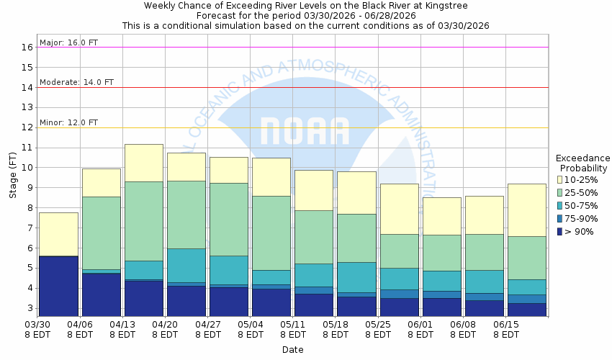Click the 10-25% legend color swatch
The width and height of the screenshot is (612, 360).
tap(561, 179)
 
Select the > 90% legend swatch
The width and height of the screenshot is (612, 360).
tap(561, 231)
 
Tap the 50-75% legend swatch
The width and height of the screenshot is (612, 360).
tap(561, 205)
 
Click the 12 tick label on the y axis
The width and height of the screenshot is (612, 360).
tap(28, 127)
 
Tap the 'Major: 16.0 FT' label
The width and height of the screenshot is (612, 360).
tap(69, 42)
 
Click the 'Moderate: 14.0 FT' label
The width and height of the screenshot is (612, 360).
tap(77, 82)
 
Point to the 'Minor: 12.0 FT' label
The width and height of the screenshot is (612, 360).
tap(69, 122)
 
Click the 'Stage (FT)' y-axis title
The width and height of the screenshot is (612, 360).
tap(12, 179)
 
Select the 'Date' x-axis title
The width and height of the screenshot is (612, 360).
tap(292, 350)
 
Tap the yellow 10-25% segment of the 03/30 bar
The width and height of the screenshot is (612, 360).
tap(58, 234)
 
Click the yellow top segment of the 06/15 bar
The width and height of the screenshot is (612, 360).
tap(526, 210)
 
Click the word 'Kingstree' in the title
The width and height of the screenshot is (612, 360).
tap(446, 6)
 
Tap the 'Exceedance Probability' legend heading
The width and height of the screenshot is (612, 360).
tap(582, 163)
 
